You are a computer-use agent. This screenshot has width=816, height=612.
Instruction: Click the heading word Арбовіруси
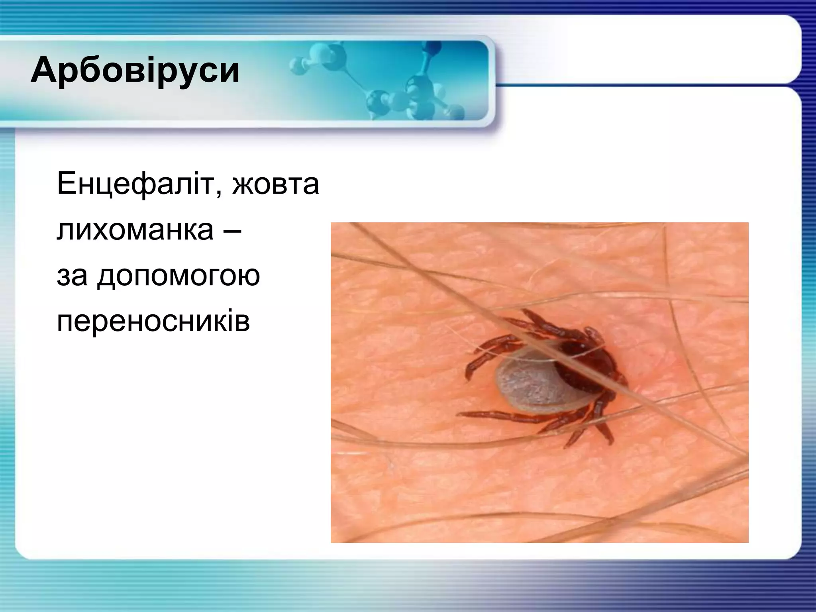[135, 71]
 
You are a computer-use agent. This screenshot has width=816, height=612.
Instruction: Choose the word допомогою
[179, 276]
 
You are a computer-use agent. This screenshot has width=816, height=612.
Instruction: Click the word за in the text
[72, 276]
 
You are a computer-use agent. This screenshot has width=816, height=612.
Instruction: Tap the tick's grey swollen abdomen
[526, 384]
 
